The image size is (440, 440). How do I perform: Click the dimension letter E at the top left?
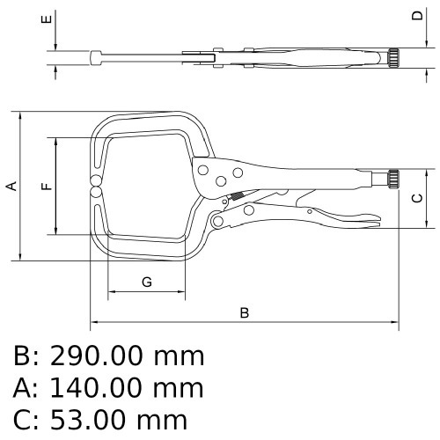click(47, 19)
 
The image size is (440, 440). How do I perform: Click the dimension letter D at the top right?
click(417, 15)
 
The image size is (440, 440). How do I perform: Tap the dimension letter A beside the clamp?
click(11, 187)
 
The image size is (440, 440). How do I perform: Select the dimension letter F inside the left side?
click(47, 187)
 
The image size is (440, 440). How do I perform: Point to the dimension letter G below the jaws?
click(147, 282)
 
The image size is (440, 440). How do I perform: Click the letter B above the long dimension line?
click(245, 313)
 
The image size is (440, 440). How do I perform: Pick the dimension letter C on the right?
click(417, 198)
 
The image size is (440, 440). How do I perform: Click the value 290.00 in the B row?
click(98, 356)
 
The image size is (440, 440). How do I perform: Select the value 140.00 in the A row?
click(98, 388)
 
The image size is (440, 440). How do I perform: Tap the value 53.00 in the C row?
click(89, 420)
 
